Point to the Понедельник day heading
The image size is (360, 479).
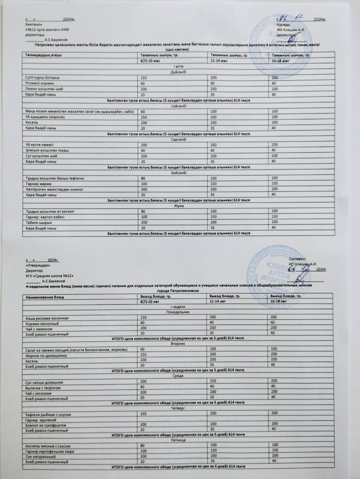(178, 311)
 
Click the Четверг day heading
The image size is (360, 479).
(178, 408)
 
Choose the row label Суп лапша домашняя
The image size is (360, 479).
(44, 382)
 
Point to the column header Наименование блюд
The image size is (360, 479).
(45, 297)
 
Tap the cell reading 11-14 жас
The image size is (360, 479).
(219, 61)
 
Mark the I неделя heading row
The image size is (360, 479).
(178, 306)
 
